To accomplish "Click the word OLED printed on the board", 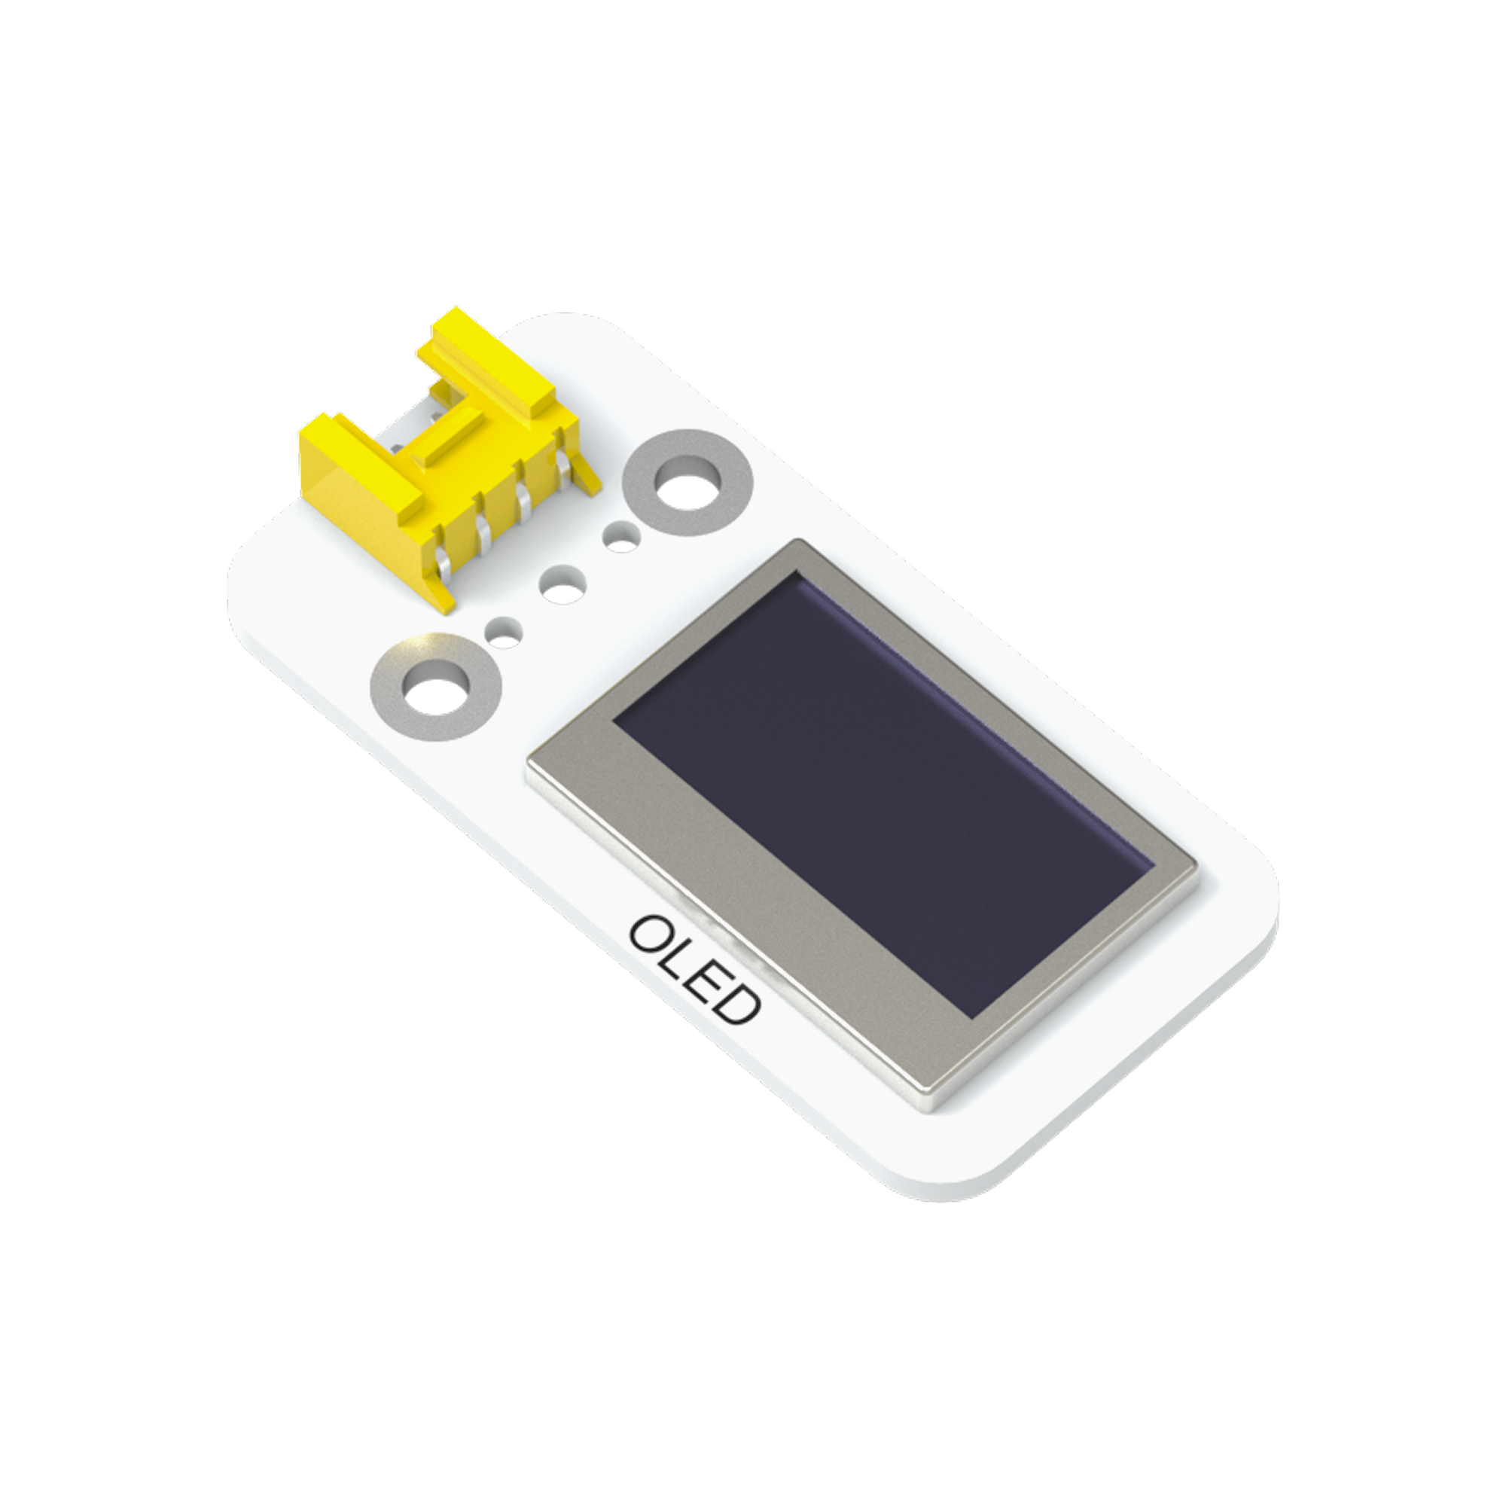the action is [x=694, y=973].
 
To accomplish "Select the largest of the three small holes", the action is [x=562, y=585].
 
